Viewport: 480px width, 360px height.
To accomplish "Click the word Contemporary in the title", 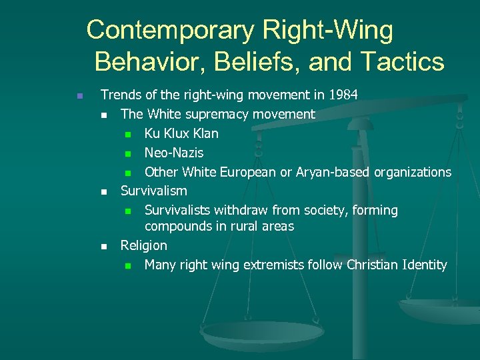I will point(171,30).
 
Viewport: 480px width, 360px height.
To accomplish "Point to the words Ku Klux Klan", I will point(181,133).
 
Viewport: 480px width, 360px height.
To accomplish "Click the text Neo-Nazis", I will point(174,153).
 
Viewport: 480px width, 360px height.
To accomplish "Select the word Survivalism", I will point(153,191).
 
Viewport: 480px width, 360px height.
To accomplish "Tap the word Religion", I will point(143,245).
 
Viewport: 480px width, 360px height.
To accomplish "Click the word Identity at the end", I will point(425,265).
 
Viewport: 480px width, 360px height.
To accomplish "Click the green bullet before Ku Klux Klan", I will point(128,134).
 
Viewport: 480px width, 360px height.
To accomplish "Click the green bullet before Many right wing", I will point(128,265).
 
